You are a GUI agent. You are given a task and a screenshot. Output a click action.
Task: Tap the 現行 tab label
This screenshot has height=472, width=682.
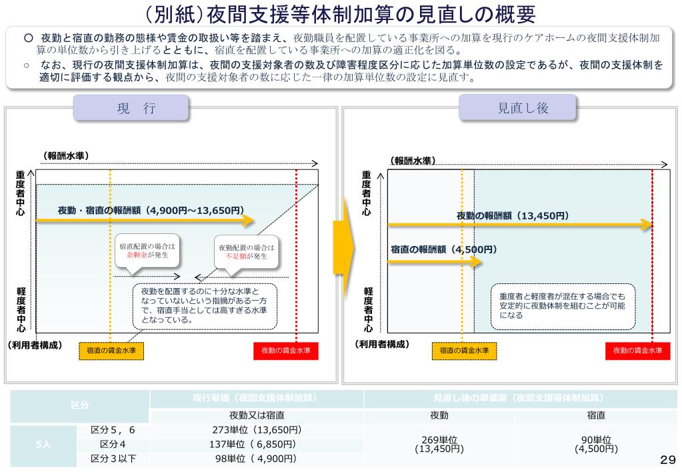(x=131, y=108)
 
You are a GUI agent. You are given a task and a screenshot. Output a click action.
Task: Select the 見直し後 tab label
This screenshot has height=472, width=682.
(x=517, y=108)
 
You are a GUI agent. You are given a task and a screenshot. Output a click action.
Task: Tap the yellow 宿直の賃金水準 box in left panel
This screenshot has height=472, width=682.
(x=111, y=351)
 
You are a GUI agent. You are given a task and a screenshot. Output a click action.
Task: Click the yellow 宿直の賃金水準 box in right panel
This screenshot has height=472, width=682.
(x=464, y=351)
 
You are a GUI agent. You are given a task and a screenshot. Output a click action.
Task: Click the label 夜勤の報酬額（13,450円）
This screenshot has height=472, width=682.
(x=513, y=215)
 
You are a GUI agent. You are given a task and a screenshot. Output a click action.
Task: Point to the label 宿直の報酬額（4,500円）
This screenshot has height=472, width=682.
(x=444, y=249)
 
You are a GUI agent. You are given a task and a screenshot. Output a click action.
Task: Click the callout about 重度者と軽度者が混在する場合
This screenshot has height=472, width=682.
(x=563, y=306)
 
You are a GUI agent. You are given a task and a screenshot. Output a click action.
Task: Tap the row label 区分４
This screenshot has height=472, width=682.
(x=113, y=444)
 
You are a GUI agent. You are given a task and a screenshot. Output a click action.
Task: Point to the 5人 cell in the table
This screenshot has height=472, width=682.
(x=43, y=444)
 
